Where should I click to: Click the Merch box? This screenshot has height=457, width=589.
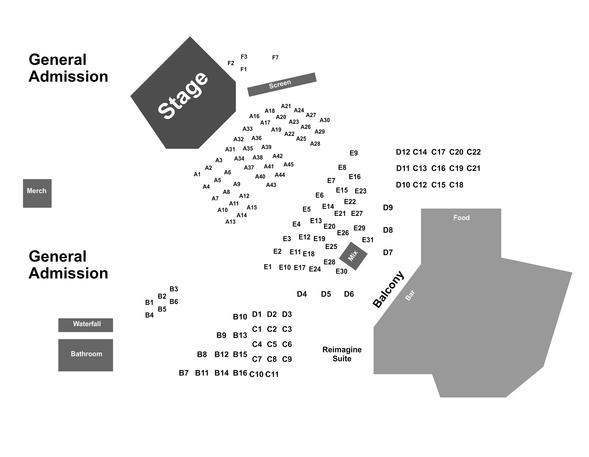(37, 193)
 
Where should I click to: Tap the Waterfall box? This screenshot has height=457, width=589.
(86, 325)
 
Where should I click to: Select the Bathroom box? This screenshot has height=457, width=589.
(86, 355)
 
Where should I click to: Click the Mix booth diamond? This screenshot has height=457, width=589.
(353, 256)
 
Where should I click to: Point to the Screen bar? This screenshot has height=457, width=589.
(282, 84)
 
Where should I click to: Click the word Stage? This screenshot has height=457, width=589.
(183, 95)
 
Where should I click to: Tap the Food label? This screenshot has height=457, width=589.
(461, 218)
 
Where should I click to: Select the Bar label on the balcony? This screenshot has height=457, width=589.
(410, 295)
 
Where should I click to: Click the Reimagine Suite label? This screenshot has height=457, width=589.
(342, 354)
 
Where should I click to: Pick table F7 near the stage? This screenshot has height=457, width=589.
(275, 58)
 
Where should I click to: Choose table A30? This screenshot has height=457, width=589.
(325, 120)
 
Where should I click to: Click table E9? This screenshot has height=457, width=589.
(354, 153)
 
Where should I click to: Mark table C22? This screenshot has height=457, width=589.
(474, 152)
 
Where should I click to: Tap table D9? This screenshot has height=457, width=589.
(388, 208)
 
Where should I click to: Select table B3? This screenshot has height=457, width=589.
(174, 289)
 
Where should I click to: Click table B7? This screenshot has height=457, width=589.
(184, 373)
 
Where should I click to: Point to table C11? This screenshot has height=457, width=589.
(272, 374)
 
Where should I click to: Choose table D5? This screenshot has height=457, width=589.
(326, 294)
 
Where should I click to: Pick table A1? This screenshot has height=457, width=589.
(197, 174)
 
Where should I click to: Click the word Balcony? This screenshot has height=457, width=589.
(388, 289)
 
